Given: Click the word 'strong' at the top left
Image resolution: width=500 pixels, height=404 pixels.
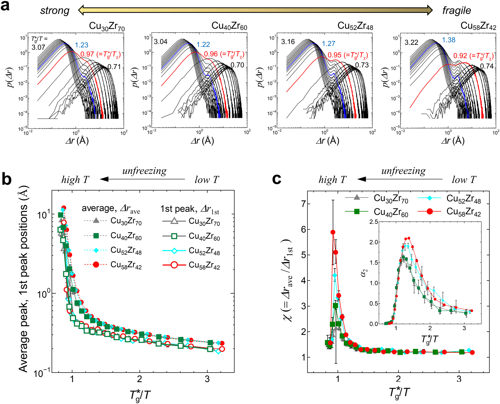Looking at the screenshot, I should (x=55, y=11).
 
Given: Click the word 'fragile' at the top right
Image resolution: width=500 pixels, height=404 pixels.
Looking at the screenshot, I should (x=456, y=11).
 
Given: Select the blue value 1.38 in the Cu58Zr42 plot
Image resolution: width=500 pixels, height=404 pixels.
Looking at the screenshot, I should (x=449, y=40).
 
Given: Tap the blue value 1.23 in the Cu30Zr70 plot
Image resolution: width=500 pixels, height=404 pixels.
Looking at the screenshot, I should (x=82, y=45).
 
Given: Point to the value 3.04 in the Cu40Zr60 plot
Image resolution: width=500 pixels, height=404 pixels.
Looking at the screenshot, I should (x=161, y=41).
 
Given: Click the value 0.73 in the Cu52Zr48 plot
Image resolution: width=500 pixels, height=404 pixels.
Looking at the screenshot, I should (x=362, y=65).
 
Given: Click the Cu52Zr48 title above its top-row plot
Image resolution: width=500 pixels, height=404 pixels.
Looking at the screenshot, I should (x=355, y=26).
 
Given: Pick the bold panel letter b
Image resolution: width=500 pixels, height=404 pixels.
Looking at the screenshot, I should (x=7, y=179).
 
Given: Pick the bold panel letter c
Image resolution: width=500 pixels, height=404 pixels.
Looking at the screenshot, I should (x=276, y=179).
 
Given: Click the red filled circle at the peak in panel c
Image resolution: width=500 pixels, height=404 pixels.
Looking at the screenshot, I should (x=333, y=232).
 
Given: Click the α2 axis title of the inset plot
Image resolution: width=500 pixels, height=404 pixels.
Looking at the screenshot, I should (x=364, y=273).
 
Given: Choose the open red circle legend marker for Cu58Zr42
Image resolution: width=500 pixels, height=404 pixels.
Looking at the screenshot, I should (x=174, y=265).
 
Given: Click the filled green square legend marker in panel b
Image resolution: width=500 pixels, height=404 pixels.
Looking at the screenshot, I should (x=96, y=236).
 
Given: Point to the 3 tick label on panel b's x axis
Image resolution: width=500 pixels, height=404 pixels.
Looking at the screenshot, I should (x=207, y=379).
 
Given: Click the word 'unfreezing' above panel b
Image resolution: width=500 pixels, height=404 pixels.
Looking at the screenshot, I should (x=144, y=171).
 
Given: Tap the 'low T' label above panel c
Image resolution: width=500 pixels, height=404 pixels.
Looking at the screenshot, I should (x=464, y=180).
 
